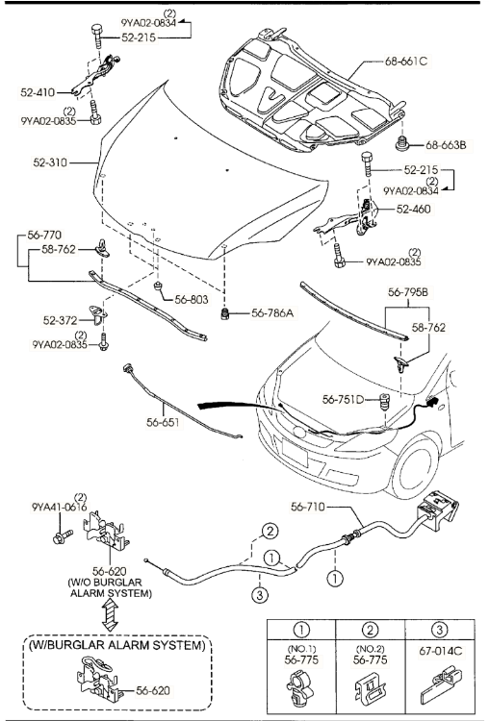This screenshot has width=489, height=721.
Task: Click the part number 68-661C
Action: [x=405, y=62]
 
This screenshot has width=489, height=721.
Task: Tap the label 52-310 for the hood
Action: [x=50, y=162]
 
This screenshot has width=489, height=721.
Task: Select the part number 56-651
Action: [x=163, y=422]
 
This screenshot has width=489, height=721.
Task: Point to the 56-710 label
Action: [x=308, y=507]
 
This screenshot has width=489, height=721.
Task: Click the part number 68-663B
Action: [x=446, y=145]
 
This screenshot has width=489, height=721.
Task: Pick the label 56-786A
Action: [x=272, y=313]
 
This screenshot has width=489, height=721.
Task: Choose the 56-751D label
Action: [x=343, y=400]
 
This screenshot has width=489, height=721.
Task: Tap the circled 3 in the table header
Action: [x=439, y=629]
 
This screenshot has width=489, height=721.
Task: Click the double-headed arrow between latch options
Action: [x=110, y=616]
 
